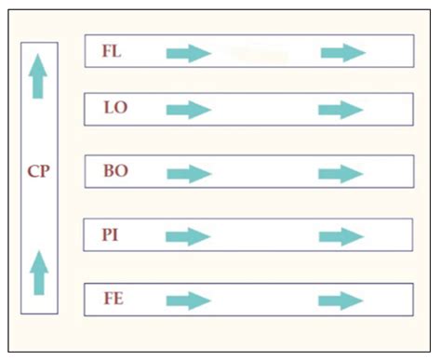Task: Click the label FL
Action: tap(112, 51)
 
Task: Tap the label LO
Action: tap(116, 109)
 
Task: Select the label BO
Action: tap(116, 171)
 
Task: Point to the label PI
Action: tap(111, 234)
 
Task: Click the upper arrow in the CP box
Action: tap(38, 76)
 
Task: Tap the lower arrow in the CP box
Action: tap(38, 273)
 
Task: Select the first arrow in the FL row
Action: tap(189, 53)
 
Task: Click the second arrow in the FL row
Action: tap(342, 53)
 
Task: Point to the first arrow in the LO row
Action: tap(189, 111)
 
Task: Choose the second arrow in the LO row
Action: tap(341, 111)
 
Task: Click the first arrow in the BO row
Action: tap(189, 174)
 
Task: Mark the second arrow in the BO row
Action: tap(341, 174)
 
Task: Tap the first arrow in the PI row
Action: tap(189, 237)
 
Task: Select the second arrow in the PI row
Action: tap(341, 237)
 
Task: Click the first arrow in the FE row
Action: tap(189, 300)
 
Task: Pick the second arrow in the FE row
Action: tap(341, 300)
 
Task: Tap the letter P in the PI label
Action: tap(107, 234)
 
